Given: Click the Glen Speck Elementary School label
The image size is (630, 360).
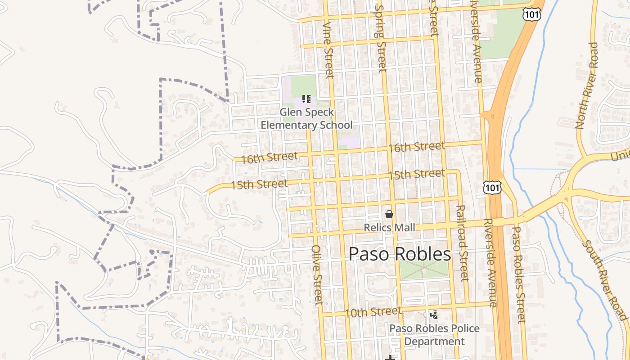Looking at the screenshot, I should [306, 118].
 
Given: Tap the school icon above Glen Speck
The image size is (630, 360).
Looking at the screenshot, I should [306, 99].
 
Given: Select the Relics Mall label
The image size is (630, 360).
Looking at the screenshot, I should [389, 228].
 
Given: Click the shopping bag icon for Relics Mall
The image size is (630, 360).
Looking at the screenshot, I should [389, 214].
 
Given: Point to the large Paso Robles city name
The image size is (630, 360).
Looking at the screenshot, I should [400, 254].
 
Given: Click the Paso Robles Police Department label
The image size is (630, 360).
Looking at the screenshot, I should [434, 335].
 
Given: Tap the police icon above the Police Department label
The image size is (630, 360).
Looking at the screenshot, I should [434, 315].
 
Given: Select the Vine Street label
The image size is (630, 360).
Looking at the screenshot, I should [329, 49].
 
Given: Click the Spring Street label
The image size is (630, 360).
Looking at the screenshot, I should [381, 38].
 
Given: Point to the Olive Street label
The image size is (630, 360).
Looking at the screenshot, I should [317, 275].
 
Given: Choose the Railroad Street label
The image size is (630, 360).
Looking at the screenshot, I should [462, 243].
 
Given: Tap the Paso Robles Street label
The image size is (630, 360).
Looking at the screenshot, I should [518, 274].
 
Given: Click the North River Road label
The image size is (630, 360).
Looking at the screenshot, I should [586, 85].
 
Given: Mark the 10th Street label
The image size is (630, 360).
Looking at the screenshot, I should [373, 311].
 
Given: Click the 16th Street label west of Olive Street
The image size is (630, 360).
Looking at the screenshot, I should [269, 157].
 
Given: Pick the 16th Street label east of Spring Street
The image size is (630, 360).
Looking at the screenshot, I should [416, 147].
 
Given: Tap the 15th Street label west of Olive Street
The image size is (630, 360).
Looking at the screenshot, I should [259, 184].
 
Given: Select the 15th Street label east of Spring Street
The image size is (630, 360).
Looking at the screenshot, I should [416, 174].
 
